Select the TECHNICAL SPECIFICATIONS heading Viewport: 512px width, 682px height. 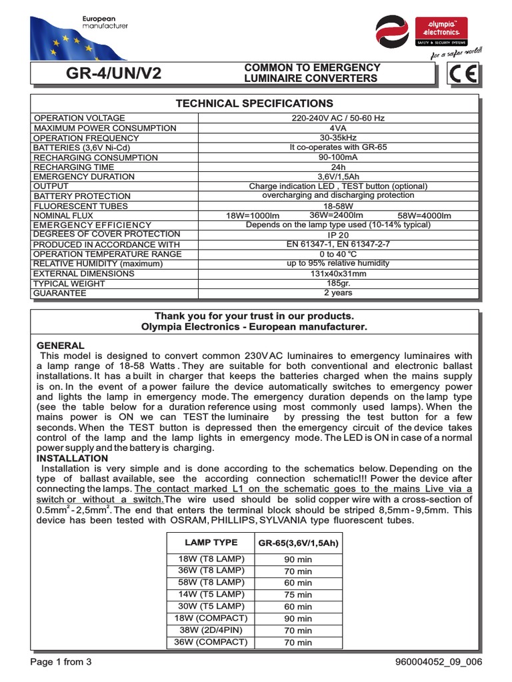click(x=254, y=103)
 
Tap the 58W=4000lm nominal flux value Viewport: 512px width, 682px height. click(x=424, y=216)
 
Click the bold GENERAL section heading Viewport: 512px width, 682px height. click(x=60, y=346)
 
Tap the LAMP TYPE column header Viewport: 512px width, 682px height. click(x=211, y=543)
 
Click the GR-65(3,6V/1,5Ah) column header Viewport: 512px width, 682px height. click(x=299, y=543)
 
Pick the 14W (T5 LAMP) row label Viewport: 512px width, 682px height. click(x=211, y=594)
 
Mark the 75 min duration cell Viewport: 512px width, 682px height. click(x=298, y=595)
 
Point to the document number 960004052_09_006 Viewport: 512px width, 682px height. click(x=439, y=662)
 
